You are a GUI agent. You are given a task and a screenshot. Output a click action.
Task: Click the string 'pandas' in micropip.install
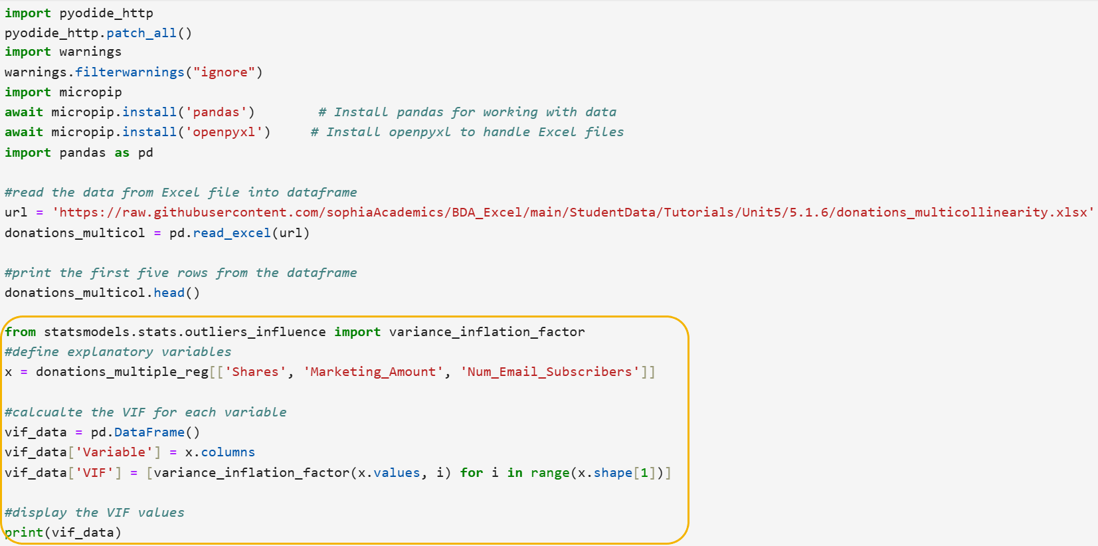pos(216,112)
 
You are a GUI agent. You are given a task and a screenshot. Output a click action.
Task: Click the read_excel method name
pos(232,233)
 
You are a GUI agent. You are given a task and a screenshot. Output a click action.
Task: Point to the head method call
pos(169,293)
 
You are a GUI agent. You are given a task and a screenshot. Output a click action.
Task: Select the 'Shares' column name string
pos(255,372)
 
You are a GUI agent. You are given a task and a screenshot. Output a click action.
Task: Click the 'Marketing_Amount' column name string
pos(373,372)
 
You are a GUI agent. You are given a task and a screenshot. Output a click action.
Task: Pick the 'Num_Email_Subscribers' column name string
pos(549,372)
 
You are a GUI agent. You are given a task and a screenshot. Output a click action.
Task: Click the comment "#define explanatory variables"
pos(118,352)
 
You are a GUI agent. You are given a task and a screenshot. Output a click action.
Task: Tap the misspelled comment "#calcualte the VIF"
pos(145,412)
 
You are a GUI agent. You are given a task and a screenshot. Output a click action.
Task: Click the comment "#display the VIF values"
pos(94,513)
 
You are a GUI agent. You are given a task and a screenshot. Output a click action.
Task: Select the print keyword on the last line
pos(24,533)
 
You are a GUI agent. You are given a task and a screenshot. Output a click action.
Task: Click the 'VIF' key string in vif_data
pos(98,473)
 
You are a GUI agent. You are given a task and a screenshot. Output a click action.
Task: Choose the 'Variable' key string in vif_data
pos(114,452)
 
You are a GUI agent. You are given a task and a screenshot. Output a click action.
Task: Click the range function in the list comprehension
pos(550,473)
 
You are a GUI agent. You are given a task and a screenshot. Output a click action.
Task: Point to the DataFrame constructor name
pos(149,432)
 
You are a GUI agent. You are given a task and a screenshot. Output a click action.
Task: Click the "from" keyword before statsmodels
pos(21,332)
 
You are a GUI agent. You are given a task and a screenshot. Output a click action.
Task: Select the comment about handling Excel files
pos(467,132)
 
